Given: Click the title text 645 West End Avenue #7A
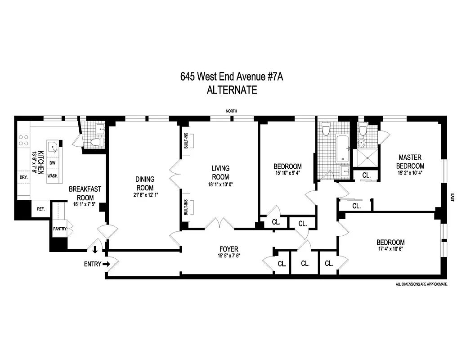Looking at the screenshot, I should click(232, 76).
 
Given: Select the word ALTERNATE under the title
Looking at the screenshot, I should click(232, 90).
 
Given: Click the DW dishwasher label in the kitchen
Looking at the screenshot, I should click(53, 163).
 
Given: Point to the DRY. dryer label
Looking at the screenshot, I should click(24, 177).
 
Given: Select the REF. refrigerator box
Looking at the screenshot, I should click(40, 209).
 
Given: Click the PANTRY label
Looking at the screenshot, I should click(60, 229).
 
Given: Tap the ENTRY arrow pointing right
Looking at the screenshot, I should click(107, 264).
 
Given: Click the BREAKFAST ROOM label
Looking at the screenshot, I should click(81, 193).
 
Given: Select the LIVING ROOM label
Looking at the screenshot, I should click(220, 172).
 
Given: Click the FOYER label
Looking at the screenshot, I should click(229, 249).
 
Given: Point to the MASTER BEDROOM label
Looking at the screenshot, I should click(410, 161).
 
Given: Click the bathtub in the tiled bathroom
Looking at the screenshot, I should click(343, 148).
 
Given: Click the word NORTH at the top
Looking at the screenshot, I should click(232, 111).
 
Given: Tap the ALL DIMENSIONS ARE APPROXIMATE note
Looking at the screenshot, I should click(421, 284).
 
